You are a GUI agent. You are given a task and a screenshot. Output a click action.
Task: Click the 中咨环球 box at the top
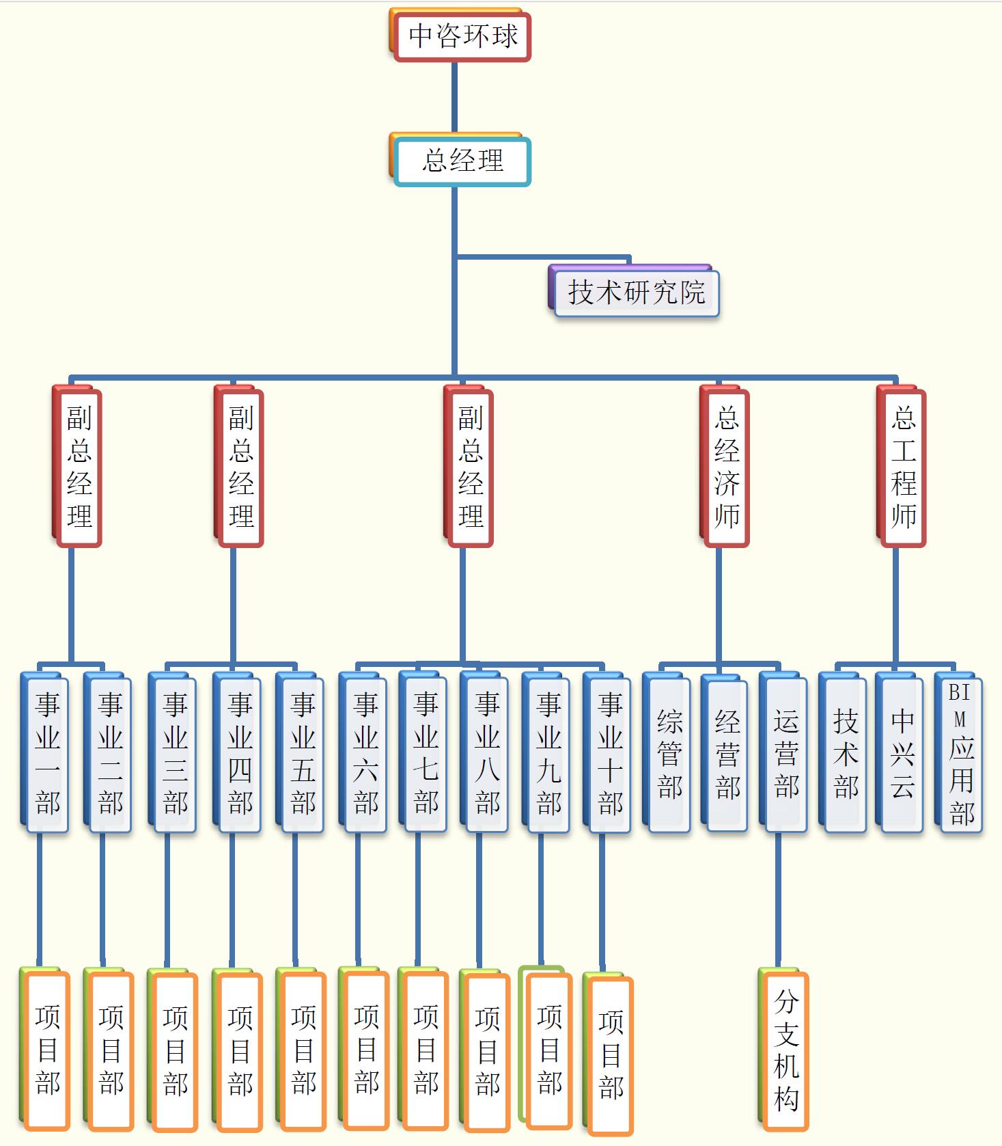pyautogui.click(x=462, y=36)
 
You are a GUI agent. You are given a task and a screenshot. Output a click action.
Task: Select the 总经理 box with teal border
pyautogui.click(x=462, y=162)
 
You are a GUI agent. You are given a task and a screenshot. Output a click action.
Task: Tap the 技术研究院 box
pyautogui.click(x=636, y=293)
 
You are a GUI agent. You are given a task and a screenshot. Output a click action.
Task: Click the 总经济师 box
pyautogui.click(x=727, y=467)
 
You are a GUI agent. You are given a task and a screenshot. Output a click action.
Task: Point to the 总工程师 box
pyautogui.click(x=903, y=467)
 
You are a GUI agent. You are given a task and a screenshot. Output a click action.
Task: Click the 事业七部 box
pyautogui.click(x=426, y=753)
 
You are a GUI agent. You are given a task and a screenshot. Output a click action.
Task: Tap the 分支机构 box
pyautogui.click(x=786, y=1051)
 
